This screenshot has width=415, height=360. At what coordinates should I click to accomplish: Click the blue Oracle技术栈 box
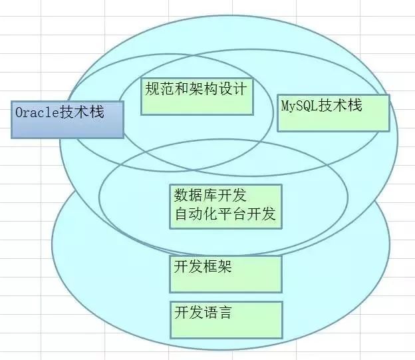click(x=67, y=120)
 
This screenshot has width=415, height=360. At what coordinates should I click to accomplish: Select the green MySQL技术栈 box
click(x=333, y=112)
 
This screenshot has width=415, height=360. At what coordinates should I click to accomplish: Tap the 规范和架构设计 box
click(x=198, y=96)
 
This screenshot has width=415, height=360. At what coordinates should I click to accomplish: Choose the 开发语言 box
click(x=225, y=319)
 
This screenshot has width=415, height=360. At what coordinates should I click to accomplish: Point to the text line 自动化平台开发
click(x=225, y=214)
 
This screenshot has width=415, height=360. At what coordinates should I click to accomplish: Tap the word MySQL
click(x=301, y=105)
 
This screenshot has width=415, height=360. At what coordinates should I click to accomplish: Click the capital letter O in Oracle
click(x=19, y=112)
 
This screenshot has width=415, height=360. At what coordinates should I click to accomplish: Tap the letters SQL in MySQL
click(x=310, y=105)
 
